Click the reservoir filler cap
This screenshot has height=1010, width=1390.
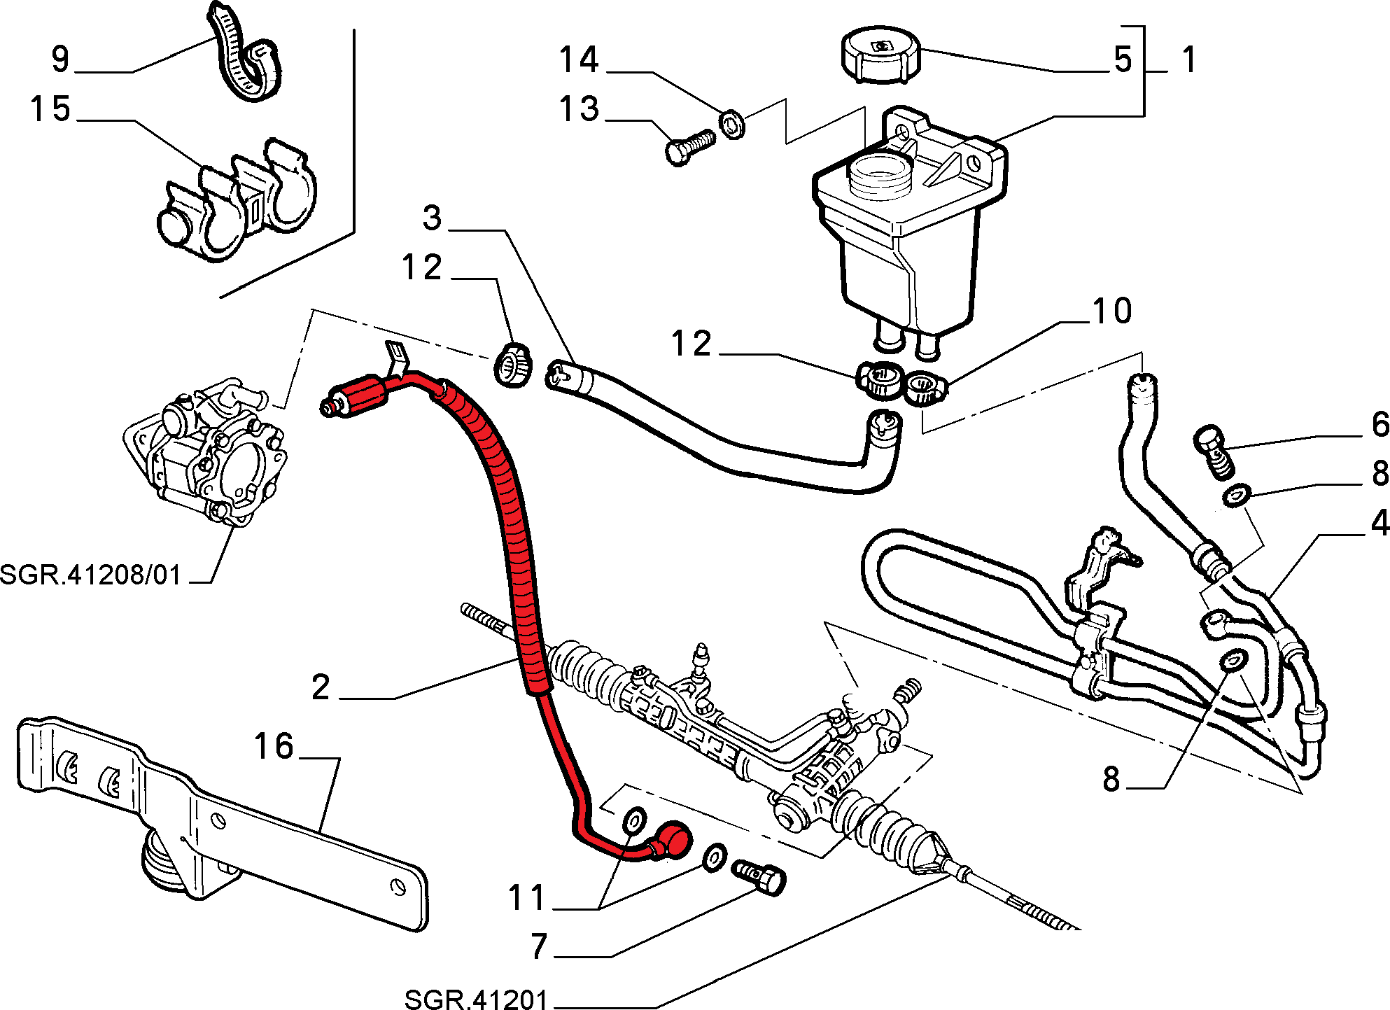point(880,55)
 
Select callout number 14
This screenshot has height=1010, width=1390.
point(579,59)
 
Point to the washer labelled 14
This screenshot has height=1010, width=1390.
point(732,125)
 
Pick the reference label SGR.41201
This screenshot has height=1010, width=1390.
point(476,999)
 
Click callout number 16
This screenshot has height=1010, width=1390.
point(274,746)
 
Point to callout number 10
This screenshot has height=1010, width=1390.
point(1111,311)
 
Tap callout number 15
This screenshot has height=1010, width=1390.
point(50,109)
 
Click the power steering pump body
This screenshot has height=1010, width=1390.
point(210,455)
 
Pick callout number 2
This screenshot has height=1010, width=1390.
point(321,687)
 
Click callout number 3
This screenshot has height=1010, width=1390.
point(433,218)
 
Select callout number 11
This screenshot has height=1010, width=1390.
point(526,898)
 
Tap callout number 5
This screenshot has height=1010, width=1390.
point(1123,59)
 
